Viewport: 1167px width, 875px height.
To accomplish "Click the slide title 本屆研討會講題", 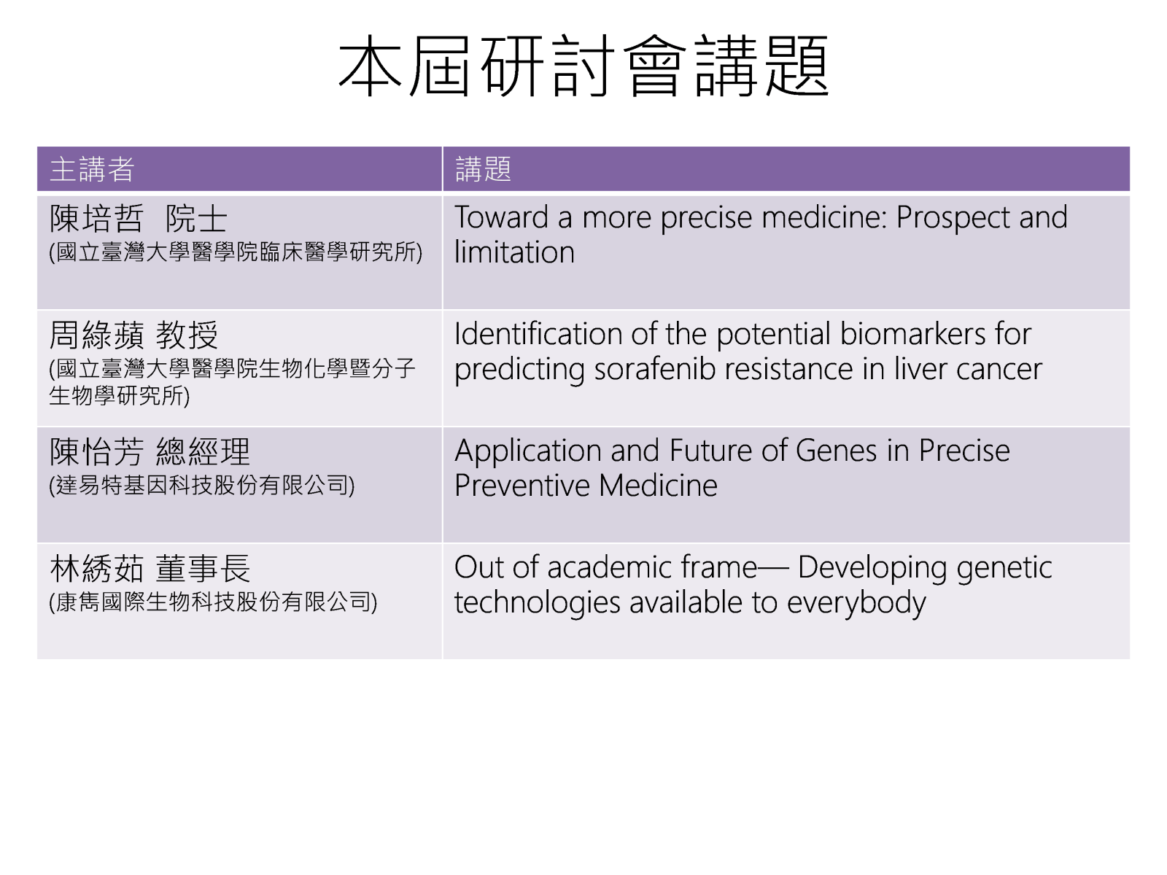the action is (583, 66).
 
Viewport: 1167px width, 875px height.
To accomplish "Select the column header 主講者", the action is (92, 169).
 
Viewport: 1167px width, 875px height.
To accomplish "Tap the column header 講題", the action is (484, 169).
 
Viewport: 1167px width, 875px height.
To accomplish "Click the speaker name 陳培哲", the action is (96, 218).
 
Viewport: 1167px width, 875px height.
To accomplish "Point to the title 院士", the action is (196, 218).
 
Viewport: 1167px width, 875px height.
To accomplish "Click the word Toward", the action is (501, 217).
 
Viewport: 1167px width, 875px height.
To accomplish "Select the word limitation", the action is (515, 252).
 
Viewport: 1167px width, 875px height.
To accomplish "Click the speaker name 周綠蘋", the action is (96, 335).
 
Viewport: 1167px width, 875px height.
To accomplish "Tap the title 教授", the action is (187, 335).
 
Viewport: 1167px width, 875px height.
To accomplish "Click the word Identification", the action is (538, 334).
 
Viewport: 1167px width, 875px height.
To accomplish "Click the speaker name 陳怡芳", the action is (96, 452).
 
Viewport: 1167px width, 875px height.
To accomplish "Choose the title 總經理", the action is (203, 452).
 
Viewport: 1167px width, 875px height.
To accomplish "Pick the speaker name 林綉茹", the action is (96, 569).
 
